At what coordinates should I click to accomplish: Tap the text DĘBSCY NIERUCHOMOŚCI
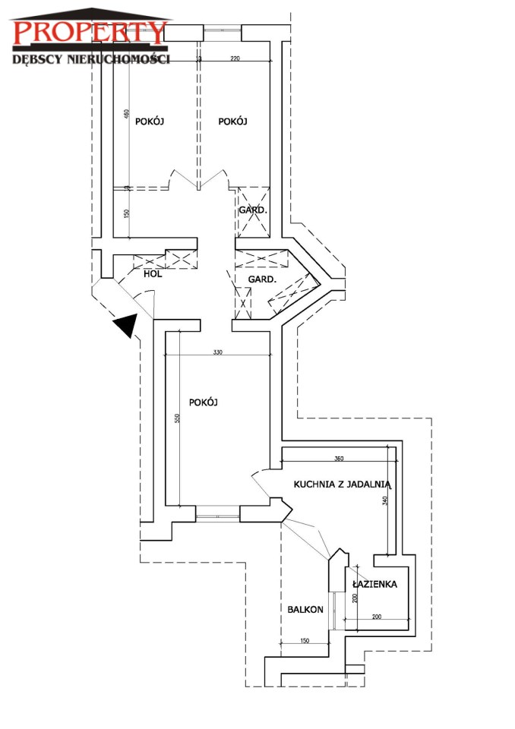point(90,58)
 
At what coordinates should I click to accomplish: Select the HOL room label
point(153,274)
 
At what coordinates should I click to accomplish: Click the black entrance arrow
point(125,327)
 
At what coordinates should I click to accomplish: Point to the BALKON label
point(305,610)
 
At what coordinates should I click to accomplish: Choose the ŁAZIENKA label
point(375,584)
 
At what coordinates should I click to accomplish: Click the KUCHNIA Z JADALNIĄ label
point(342,483)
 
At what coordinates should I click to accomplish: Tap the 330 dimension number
point(218,352)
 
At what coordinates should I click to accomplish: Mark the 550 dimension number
point(176,418)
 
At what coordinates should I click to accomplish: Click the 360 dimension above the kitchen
point(339,459)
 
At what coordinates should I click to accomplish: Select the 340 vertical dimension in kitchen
point(386,503)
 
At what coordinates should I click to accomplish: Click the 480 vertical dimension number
point(127,115)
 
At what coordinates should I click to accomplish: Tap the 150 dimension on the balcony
point(305,642)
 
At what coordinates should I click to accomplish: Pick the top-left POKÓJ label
point(150,121)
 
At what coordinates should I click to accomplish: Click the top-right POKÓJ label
point(233,121)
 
